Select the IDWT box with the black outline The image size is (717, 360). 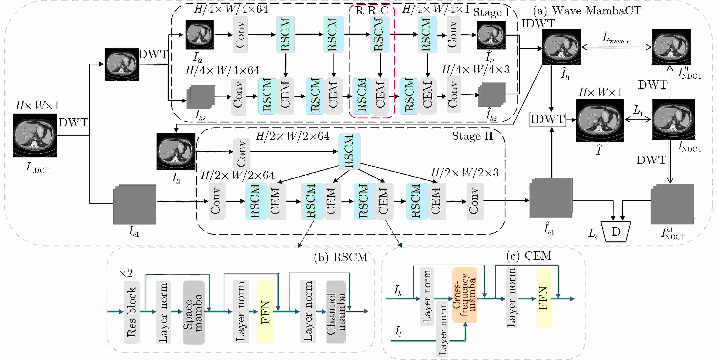pyautogui.click(x=548, y=119)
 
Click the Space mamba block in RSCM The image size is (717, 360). pyautogui.click(x=194, y=312)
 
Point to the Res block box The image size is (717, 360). pyautogui.click(x=132, y=312)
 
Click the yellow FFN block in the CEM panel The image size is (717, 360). pyautogui.click(x=544, y=298)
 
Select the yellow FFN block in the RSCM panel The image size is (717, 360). pyautogui.click(x=265, y=311)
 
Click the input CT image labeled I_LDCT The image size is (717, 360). pyautogui.click(x=35, y=136)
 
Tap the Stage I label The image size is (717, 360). pyautogui.click(x=492, y=12)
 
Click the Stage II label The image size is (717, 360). pyautogui.click(x=472, y=136)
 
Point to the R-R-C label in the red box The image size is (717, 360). pyautogui.click(x=372, y=11)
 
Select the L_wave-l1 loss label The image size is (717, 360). pyautogui.click(x=616, y=38)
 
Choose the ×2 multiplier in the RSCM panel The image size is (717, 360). pyautogui.click(x=126, y=273)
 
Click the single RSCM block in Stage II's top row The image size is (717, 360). pyautogui.click(x=349, y=151)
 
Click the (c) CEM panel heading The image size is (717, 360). pyautogui.click(x=529, y=256)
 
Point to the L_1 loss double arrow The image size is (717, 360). pyautogui.click(x=638, y=120)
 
